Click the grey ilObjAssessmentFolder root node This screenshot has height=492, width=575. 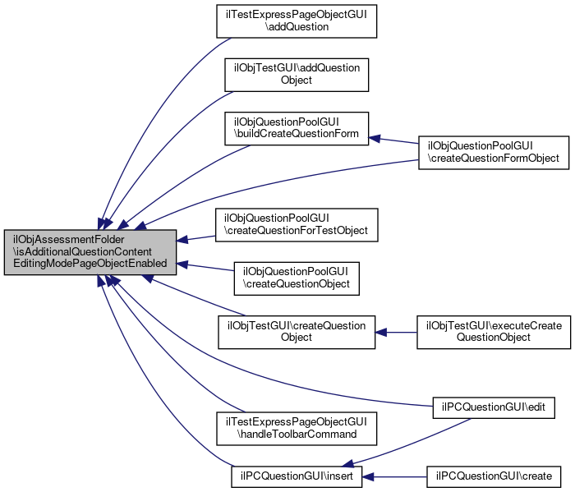coord(90,253)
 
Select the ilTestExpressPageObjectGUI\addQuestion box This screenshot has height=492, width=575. coord(296,21)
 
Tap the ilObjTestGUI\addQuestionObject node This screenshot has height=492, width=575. coord(296,75)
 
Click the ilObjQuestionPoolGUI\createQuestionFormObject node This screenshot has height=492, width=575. coord(494,151)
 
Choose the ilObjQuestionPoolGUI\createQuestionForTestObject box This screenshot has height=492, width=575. coord(296,225)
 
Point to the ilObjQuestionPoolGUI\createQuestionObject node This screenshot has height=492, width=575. coord(296,278)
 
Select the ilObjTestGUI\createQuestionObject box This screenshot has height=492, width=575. coord(296,332)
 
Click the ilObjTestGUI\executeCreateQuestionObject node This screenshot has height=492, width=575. coord(494,332)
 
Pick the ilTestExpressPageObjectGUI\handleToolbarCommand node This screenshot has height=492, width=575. coord(296,427)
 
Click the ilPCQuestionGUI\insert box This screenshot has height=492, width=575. coord(296,476)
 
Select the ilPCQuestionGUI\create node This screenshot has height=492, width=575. coord(494,476)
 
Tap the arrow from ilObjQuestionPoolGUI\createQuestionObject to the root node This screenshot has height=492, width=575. coord(205,269)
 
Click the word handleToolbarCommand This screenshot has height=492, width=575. coord(297,433)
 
